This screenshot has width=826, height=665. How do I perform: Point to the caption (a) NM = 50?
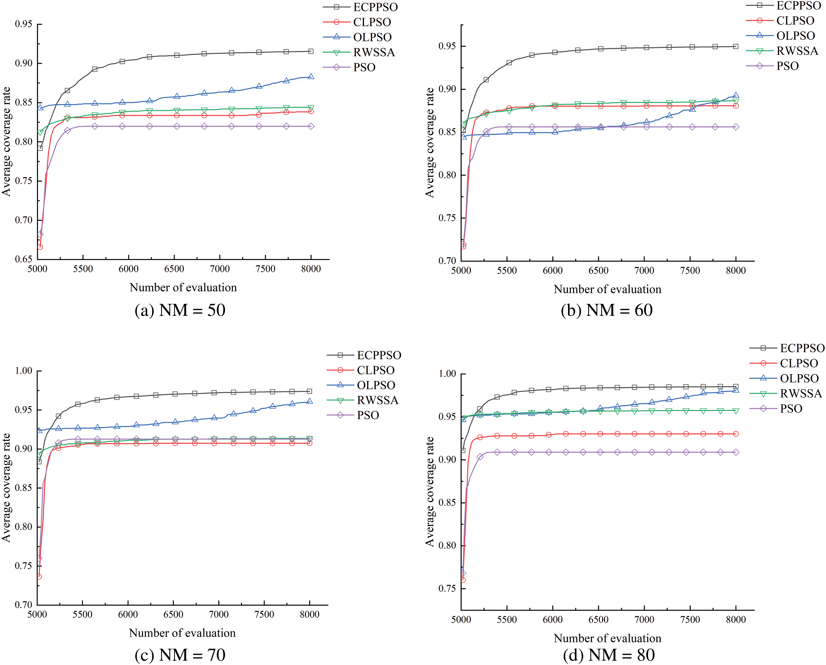pos(180,310)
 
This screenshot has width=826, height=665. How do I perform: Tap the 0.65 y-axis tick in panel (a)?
pos(24,259)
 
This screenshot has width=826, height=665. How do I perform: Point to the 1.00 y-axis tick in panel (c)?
pos(24,371)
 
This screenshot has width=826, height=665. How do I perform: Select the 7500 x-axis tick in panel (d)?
pos(690,620)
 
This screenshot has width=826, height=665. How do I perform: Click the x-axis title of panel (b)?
pos(608,289)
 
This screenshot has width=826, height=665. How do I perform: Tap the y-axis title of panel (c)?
pos(7,488)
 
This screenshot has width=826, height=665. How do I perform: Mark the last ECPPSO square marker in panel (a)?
pos(311,51)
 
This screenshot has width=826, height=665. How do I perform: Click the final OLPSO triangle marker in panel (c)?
pos(310,401)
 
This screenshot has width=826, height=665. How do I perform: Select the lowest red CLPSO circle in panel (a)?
pos(40,247)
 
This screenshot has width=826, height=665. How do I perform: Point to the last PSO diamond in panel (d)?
pos(736,452)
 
